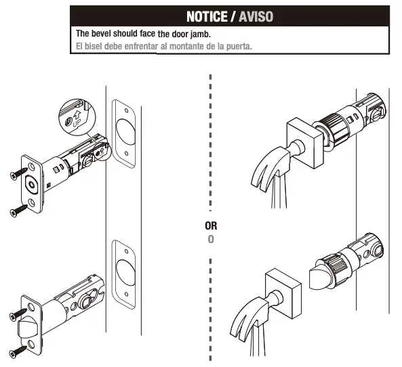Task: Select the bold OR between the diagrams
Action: [212, 226]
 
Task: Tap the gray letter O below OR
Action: [212, 240]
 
